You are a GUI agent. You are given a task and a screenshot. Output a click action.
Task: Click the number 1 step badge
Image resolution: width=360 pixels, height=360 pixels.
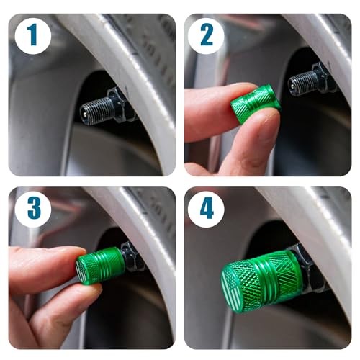33,35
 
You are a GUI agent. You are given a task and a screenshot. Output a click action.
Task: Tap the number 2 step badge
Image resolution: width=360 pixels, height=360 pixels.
207,35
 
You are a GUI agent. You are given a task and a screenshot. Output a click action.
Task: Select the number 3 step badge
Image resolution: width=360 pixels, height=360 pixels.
33,208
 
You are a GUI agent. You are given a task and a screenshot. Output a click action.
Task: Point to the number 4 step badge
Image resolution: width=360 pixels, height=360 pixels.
207,208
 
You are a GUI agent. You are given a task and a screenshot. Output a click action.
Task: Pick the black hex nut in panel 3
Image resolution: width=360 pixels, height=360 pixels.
132,257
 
